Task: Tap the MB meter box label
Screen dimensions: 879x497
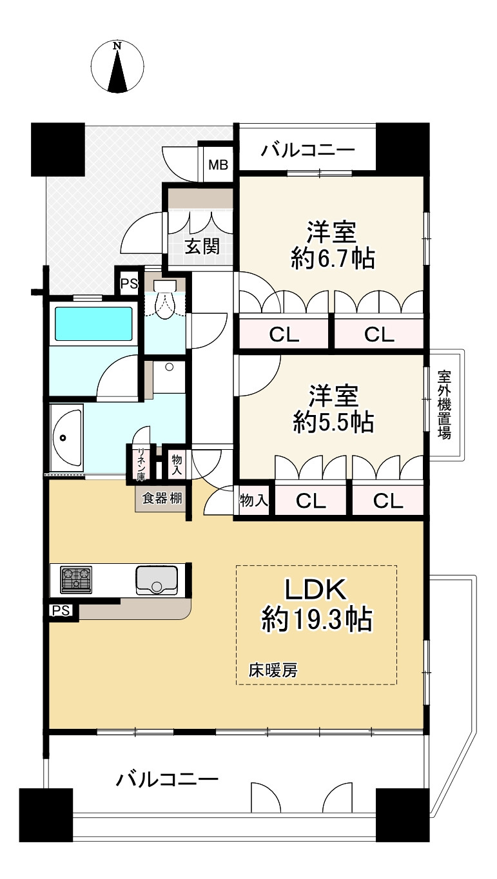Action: [217, 165]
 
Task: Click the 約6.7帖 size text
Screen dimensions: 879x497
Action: [333, 259]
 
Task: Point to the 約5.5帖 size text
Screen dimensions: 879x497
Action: [333, 422]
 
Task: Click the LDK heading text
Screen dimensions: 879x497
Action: [316, 589]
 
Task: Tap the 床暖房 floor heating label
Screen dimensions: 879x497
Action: [273, 670]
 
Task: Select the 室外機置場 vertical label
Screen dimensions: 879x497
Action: [444, 404]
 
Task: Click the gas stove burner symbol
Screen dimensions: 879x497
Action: [76, 580]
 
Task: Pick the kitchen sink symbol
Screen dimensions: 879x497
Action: [155, 580]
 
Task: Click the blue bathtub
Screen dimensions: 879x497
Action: [93, 324]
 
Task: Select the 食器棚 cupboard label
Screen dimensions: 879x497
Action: [161, 498]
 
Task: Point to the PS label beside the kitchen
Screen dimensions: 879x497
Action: [61, 610]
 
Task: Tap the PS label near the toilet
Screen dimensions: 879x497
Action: [129, 284]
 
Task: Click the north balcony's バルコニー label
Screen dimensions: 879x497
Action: [308, 151]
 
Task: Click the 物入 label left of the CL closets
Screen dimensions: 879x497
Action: [253, 500]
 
